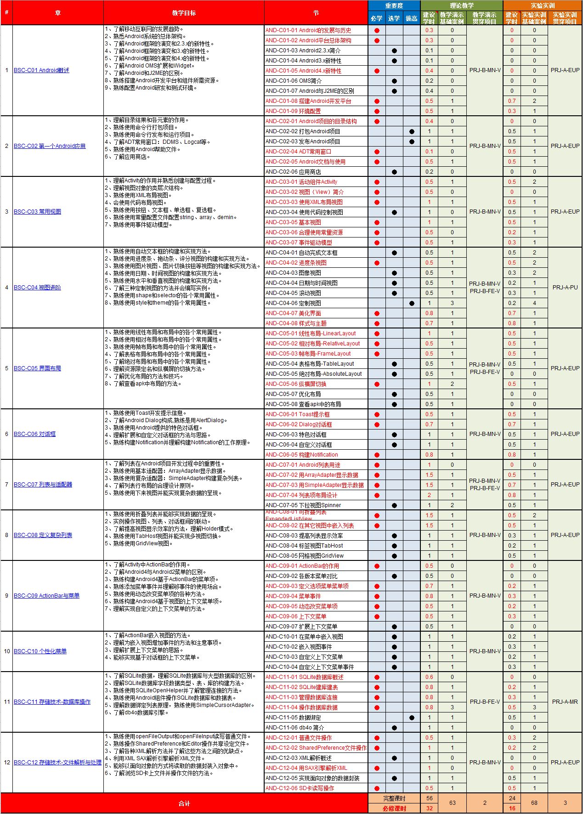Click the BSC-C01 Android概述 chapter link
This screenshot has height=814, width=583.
41,70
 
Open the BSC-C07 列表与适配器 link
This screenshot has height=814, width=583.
43,485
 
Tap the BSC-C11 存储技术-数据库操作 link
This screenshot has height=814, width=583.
52,702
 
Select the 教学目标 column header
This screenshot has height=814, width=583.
184,13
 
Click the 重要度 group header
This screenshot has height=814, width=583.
394,6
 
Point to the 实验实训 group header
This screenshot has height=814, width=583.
543,6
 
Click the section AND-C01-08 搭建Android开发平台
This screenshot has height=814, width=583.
308,101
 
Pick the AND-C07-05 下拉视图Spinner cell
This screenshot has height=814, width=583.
303,505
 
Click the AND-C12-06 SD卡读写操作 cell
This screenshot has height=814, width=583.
300,788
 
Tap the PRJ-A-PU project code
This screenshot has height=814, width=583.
565,288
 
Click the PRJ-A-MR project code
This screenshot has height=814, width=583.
565,702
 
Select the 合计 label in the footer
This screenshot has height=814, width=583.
184,803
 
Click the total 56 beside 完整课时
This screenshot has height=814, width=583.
429,798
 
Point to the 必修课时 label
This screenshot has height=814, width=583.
394,808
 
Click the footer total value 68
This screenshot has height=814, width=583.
534,803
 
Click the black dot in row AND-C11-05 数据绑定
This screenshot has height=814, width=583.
412,718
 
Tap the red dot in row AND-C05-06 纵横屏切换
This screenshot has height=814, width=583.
377,384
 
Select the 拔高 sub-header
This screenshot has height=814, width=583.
412,18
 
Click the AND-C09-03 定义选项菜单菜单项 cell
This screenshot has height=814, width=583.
307,586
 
